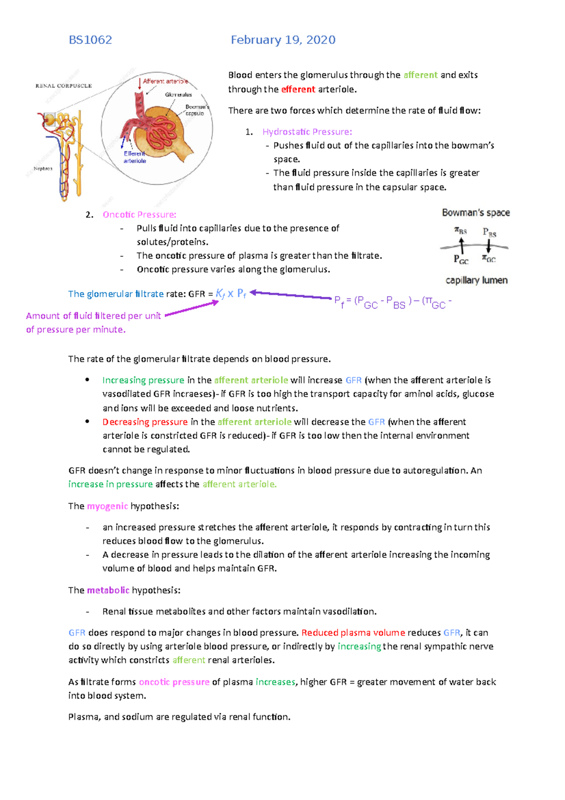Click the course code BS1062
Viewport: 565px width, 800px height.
click(x=90, y=40)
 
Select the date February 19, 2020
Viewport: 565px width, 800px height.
click(x=283, y=40)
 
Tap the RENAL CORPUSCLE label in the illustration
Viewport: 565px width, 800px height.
click(x=64, y=86)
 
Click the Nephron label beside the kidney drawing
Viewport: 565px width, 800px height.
click(x=43, y=169)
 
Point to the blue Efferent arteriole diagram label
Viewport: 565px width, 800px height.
click(x=135, y=157)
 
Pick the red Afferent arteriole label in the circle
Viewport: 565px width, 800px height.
click(x=165, y=82)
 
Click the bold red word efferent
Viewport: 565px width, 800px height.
click(x=298, y=90)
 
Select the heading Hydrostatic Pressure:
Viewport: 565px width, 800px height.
click(x=307, y=132)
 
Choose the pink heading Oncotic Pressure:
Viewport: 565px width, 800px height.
click(x=139, y=215)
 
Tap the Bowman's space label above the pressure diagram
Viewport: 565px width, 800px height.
click(x=476, y=213)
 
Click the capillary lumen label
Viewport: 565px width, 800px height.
click(x=476, y=280)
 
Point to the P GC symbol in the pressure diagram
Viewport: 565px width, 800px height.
click(x=460, y=260)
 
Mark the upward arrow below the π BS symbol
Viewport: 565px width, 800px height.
click(x=461, y=245)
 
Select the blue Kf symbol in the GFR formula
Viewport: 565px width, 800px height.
click(x=220, y=294)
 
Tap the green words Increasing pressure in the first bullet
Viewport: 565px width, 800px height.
click(x=143, y=380)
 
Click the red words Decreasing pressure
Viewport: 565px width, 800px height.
click(x=145, y=422)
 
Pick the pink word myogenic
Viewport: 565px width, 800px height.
click(x=107, y=506)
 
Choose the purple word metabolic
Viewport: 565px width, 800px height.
click(x=108, y=590)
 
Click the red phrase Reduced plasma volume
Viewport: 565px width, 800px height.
click(x=353, y=633)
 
